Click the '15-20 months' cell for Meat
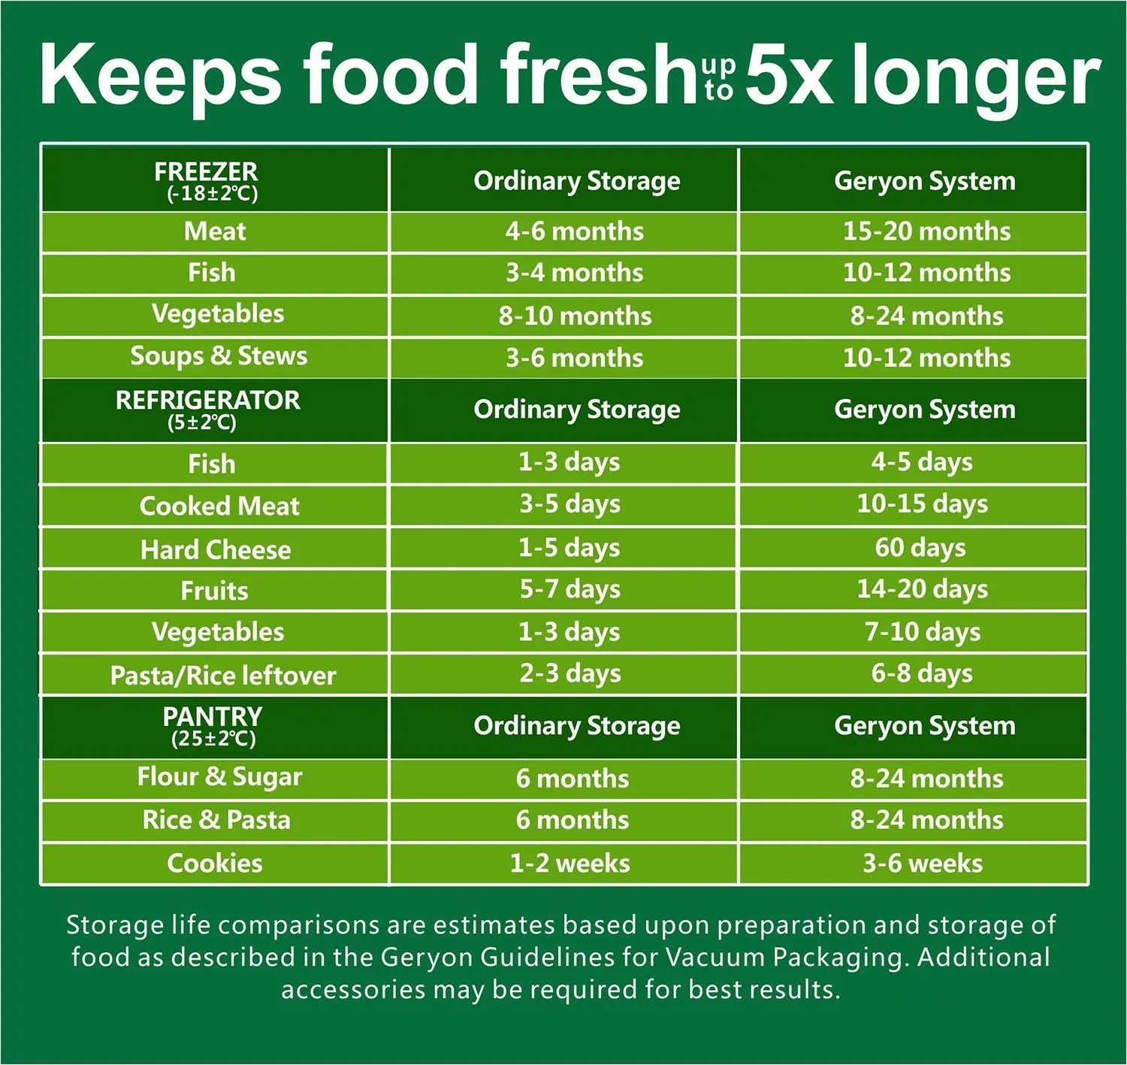click(x=926, y=231)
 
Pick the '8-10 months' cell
click(x=575, y=316)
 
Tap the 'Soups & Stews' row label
click(x=219, y=356)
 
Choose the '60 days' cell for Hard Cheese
click(x=920, y=548)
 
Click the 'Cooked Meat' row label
click(x=219, y=506)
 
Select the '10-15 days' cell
click(x=922, y=504)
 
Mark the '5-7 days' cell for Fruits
click(x=570, y=589)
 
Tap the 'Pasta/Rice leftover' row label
click(x=223, y=675)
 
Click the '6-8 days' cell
click(x=922, y=673)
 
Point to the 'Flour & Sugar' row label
click(x=219, y=777)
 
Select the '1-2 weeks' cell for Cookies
click(x=570, y=864)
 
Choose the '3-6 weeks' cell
click(x=922, y=864)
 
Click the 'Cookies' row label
click(x=215, y=864)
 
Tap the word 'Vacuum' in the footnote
click(x=715, y=958)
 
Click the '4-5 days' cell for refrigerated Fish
click(x=922, y=462)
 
